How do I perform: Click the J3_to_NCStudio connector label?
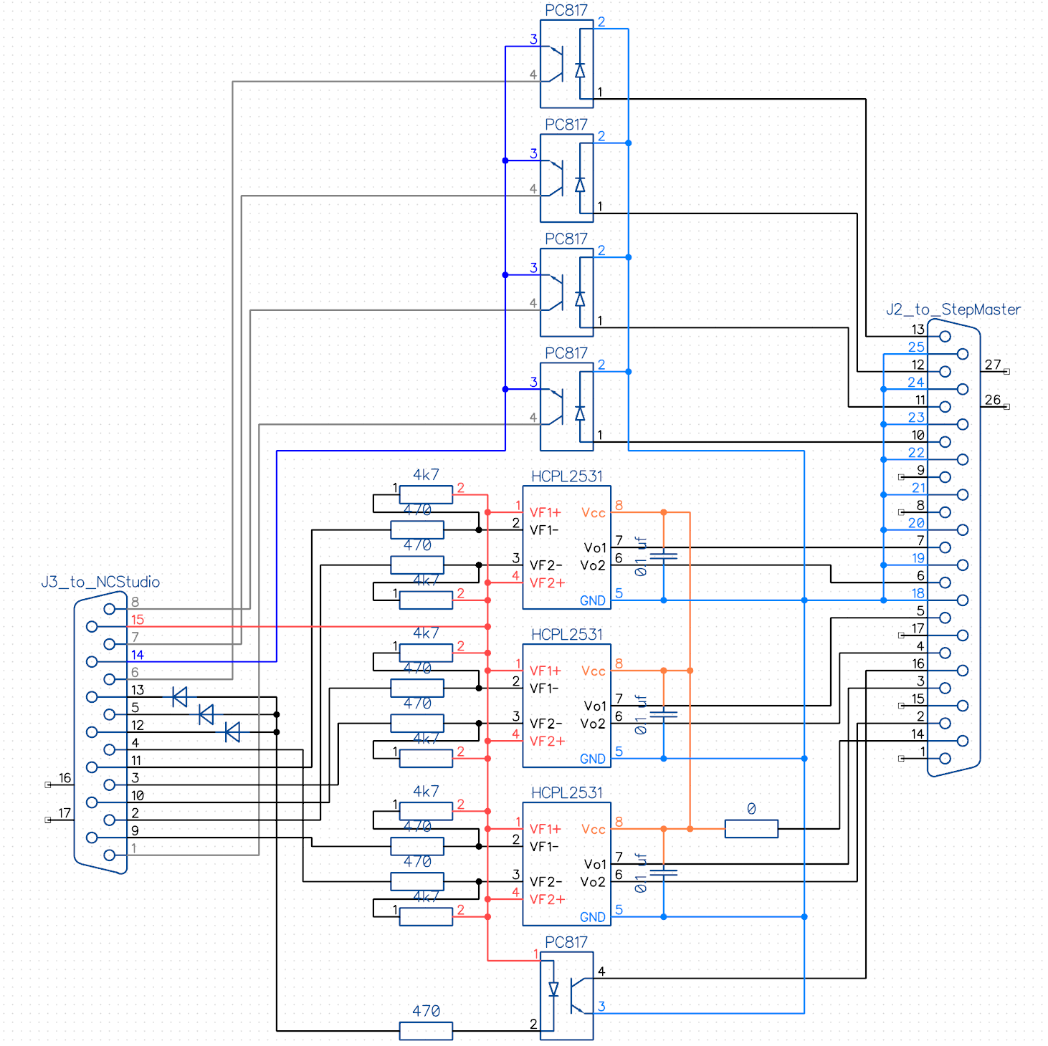coord(100,582)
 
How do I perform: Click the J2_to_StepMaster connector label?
coord(953,310)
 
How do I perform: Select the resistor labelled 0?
coord(751,829)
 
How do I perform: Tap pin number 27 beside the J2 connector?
coord(992,365)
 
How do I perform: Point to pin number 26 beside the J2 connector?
coord(992,400)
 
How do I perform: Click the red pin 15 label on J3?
coord(137,620)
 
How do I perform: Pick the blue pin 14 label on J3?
coord(137,655)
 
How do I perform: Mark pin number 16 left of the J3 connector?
coord(65,778)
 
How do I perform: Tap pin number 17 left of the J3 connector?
coord(65,813)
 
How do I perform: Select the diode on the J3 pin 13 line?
coord(180,696)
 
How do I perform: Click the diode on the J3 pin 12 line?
coord(232,732)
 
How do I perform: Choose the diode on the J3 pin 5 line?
coord(206,714)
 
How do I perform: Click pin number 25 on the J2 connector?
coord(916,347)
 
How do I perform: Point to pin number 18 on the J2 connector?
coord(918,593)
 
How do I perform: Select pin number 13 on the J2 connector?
coord(918,330)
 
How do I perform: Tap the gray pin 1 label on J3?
coord(134,848)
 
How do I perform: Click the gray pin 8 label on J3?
coord(135,602)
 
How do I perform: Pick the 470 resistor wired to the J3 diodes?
coord(426,1030)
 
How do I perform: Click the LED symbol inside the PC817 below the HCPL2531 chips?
coord(553,990)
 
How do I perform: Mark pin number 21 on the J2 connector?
coord(918,488)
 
